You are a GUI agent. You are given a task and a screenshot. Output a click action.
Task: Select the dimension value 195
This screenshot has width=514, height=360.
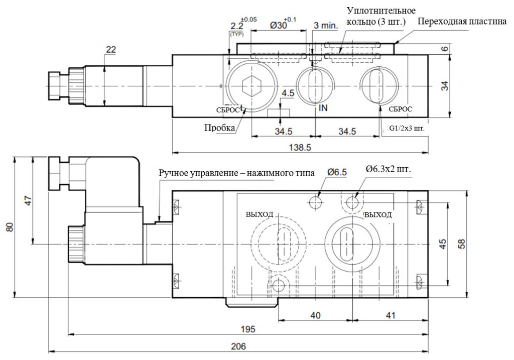248,329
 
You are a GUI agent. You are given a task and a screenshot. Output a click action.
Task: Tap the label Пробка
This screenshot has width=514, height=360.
219,128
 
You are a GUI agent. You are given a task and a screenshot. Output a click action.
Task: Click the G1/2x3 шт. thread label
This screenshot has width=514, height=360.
407,128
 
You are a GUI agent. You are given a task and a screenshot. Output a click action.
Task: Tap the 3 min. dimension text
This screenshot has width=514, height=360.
324,26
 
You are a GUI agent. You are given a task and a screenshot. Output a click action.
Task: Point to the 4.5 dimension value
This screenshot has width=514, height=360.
288,93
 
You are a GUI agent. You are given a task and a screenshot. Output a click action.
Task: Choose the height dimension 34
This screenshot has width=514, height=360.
444,86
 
